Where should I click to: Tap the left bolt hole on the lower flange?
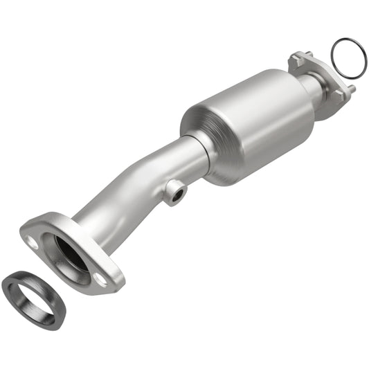point(32,242)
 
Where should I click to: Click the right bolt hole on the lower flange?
point(101,279)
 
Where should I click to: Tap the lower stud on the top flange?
point(350,88)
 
